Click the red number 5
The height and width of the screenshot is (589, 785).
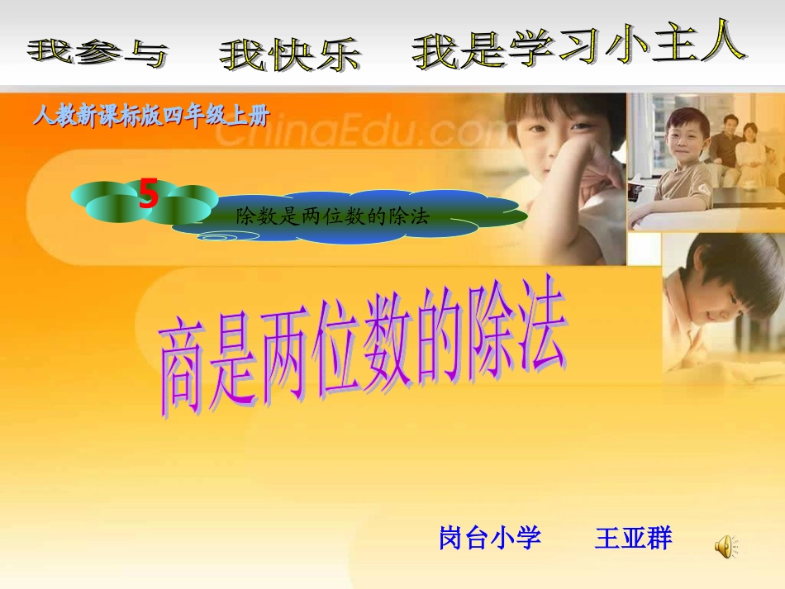click(x=149, y=194)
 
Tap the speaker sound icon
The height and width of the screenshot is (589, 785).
click(x=726, y=544)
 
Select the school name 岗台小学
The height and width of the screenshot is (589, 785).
click(x=489, y=539)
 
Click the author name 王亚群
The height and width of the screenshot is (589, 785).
click(x=633, y=539)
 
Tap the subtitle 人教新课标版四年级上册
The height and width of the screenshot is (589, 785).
click(x=150, y=116)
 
